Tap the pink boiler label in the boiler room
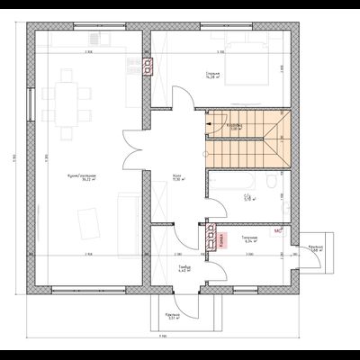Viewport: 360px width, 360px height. coord(221,239)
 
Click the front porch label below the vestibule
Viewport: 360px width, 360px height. coord(171,316)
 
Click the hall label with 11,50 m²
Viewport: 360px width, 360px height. coord(177,178)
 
